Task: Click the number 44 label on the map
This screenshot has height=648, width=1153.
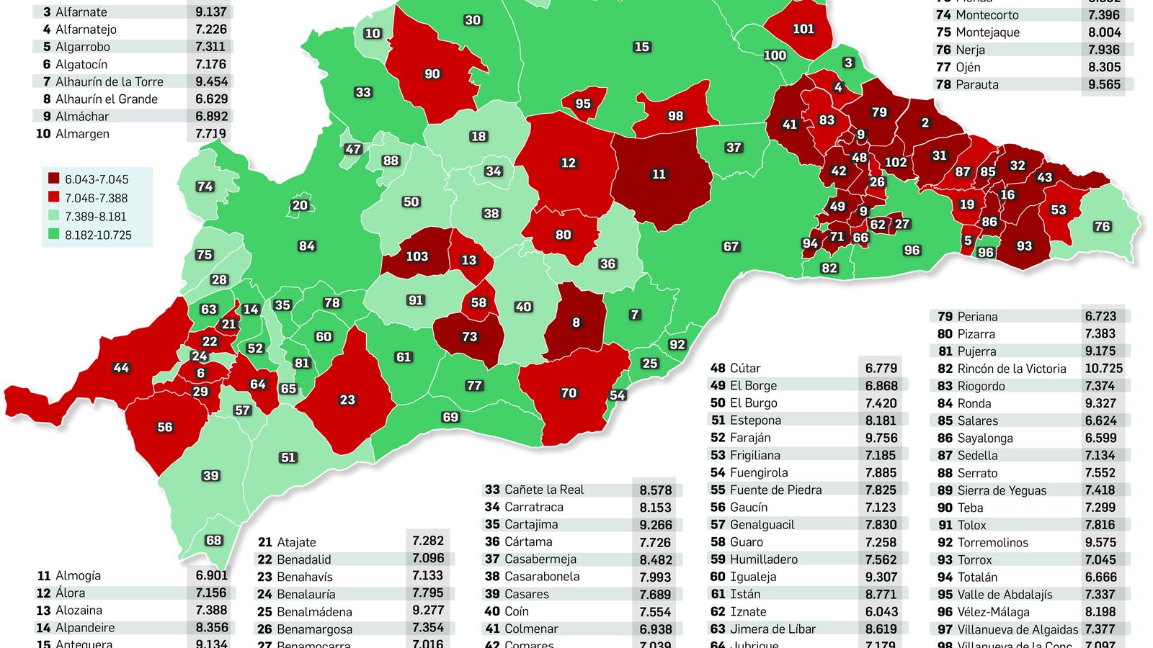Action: point(121,368)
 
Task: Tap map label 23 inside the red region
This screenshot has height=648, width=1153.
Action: point(347,400)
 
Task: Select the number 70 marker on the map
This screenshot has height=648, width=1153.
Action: point(569,393)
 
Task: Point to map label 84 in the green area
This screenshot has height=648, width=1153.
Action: point(307,246)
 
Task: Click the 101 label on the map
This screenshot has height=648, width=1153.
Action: point(803,30)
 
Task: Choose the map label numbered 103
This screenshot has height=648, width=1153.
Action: point(417,256)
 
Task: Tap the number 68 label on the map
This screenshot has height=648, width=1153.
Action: point(213,540)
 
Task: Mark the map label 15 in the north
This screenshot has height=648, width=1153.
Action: point(641,47)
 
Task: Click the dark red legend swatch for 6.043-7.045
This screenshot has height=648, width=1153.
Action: point(54,179)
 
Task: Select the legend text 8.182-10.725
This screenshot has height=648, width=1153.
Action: point(98,235)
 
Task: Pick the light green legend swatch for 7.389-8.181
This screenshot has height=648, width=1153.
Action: point(54,217)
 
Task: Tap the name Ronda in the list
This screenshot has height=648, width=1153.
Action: point(974,403)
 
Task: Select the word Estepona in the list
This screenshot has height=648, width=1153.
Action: point(755,420)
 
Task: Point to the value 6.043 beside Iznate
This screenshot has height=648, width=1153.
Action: point(881,611)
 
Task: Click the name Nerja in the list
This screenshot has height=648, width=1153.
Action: point(970,50)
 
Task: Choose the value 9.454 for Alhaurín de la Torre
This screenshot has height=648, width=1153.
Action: point(211,81)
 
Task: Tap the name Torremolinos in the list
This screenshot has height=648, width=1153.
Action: point(992,542)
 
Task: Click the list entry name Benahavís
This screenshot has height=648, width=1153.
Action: point(305,577)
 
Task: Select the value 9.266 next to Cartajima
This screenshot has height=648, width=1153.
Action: point(655,525)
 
